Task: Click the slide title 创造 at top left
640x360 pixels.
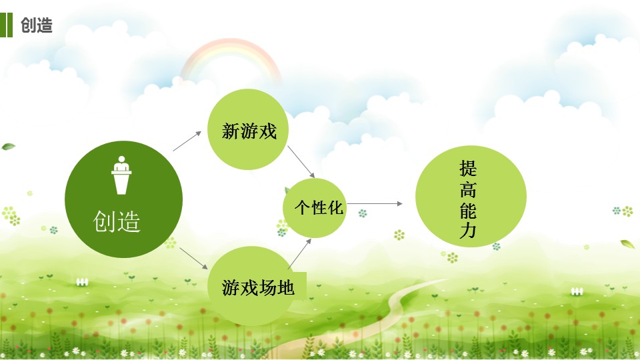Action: coord(37,25)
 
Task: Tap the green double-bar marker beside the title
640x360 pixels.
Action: coord(6,25)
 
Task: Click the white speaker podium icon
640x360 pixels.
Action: coord(121,175)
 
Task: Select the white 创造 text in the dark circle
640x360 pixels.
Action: coord(117,221)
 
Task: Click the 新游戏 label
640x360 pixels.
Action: coord(249,131)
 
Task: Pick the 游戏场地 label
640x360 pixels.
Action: coord(258,288)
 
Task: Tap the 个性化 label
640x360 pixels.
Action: coord(319,208)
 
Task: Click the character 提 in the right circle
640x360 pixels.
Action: coord(468,168)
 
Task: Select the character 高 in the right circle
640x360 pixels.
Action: coord(468,189)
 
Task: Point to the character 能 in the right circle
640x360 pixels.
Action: coord(468,211)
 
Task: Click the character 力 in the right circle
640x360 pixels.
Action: coord(468,231)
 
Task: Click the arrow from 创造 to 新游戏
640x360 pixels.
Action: coord(187,141)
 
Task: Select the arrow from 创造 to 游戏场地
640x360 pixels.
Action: coord(193,259)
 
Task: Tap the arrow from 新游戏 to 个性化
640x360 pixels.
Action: coord(301,162)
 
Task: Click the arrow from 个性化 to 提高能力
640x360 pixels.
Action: coord(375,203)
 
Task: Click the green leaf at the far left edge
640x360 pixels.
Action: coord(8,147)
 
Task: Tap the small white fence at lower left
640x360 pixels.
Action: coord(82,282)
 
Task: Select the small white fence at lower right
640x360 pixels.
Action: coord(577,291)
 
